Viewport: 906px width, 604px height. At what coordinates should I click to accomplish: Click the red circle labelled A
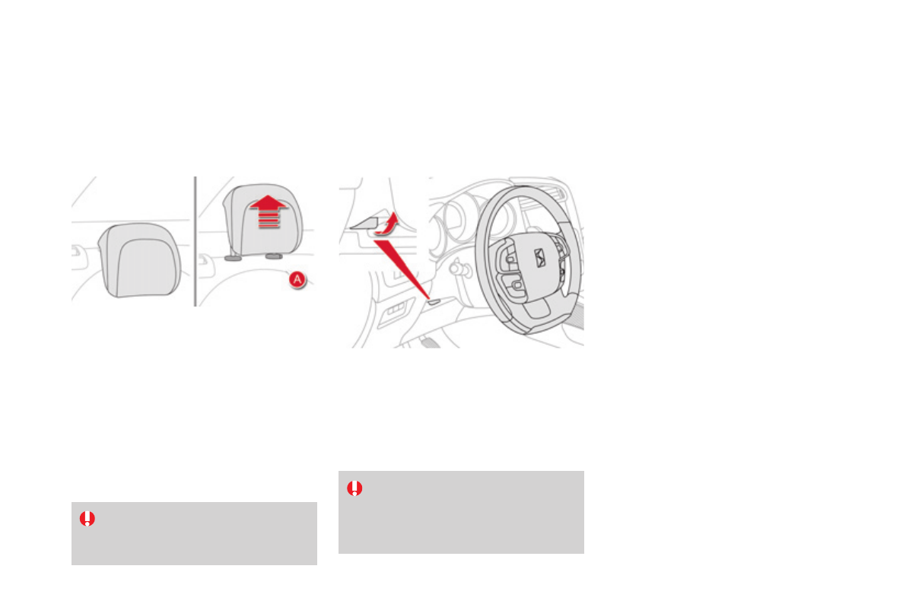(297, 280)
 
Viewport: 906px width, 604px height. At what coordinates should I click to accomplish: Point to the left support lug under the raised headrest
(232, 258)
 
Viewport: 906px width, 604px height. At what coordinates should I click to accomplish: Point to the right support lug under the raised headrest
(273, 257)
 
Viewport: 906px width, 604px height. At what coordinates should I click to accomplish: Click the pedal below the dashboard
(430, 342)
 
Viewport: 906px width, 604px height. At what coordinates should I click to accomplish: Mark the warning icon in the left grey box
(87, 519)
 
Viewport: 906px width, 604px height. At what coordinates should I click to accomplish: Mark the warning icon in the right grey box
(354, 488)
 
